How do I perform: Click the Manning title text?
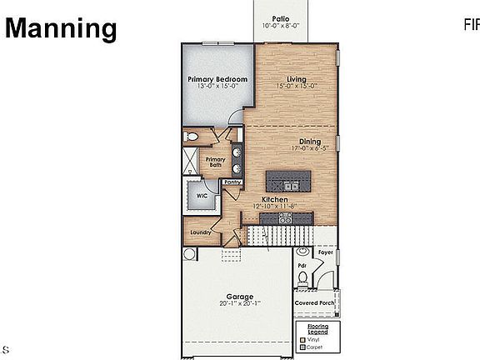click(62, 29)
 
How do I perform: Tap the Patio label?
click(281, 18)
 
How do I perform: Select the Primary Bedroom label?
click(217, 80)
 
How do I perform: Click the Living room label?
click(297, 80)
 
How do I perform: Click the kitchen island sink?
click(288, 185)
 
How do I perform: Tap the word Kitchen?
click(275, 200)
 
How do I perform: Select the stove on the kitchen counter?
click(284, 217)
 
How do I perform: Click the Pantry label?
click(232, 182)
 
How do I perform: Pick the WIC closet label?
click(202, 196)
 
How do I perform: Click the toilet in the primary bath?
click(191, 137)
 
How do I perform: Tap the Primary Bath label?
click(215, 162)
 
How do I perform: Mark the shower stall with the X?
click(191, 161)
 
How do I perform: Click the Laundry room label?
click(200, 232)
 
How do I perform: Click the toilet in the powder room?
click(303, 252)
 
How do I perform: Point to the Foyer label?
click(325, 251)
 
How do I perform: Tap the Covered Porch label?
click(316, 292)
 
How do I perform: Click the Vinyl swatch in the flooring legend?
click(302, 339)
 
